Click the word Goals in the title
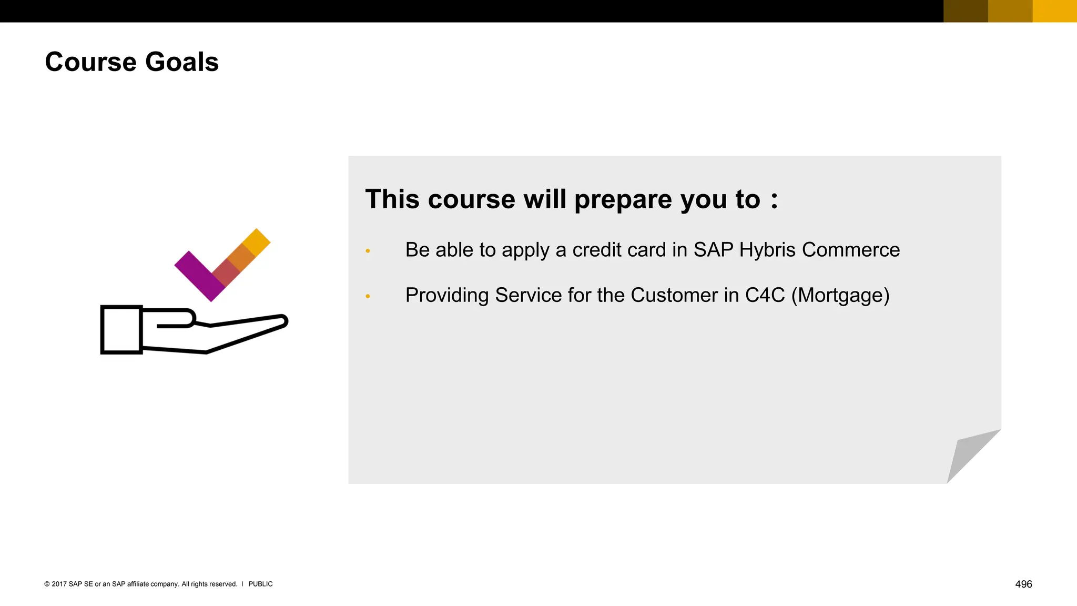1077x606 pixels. point(181,62)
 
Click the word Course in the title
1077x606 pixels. point(90,62)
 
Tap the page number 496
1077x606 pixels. point(1023,584)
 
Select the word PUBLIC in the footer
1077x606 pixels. point(260,584)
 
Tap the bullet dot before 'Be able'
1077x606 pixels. point(368,251)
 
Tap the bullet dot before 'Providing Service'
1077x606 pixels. point(368,297)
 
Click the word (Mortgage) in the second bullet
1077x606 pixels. point(840,295)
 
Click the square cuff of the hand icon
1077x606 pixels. point(121,330)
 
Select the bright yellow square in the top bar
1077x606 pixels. point(1054,11)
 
